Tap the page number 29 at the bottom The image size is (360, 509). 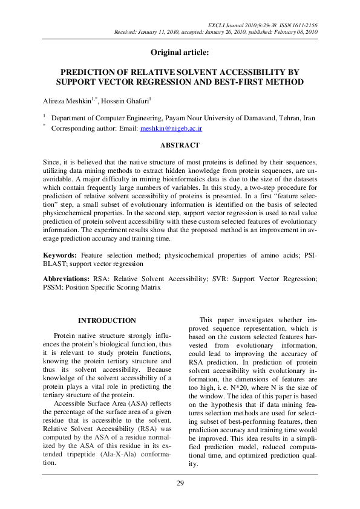[x=180, y=483]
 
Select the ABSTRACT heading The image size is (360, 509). [x=180, y=146]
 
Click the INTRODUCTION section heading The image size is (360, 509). [x=107, y=320]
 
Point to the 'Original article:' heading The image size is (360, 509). [x=180, y=53]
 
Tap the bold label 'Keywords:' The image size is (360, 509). [x=61, y=256]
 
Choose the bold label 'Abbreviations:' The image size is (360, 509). [x=67, y=279]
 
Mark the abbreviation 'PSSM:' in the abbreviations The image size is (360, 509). [x=54, y=288]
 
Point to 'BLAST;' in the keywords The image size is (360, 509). [x=56, y=265]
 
